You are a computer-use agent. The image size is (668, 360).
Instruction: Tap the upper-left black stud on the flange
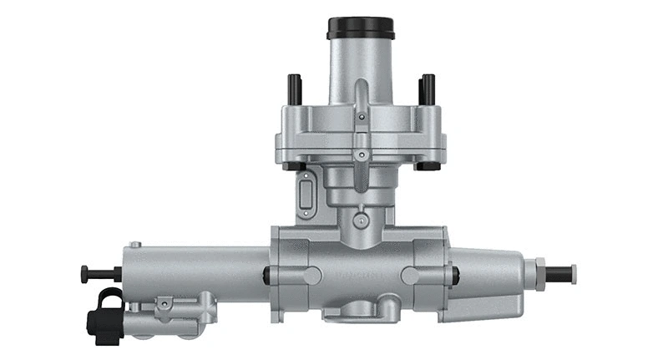(x=294, y=86)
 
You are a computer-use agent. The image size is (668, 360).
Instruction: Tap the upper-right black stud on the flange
(x=428, y=86)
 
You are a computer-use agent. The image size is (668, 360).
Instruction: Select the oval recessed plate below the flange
(x=305, y=195)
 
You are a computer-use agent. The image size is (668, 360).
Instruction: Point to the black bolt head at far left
(x=84, y=272)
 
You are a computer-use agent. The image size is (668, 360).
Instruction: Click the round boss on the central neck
(x=361, y=221)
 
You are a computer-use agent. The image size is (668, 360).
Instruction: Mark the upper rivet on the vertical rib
(x=361, y=118)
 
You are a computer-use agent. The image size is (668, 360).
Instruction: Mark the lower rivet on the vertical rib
(x=361, y=155)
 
